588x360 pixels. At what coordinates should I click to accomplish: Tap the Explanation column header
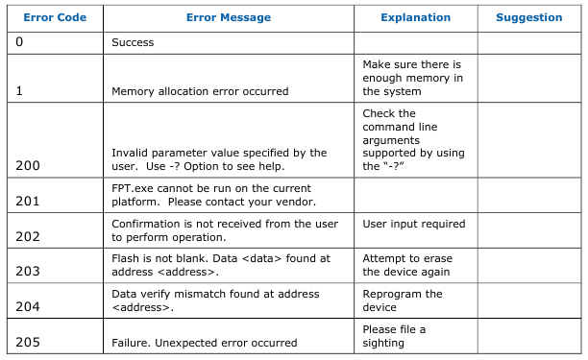pos(415,17)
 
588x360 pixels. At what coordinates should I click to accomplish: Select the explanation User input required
pos(414,224)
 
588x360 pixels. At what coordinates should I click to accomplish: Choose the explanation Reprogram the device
pos(403,300)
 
